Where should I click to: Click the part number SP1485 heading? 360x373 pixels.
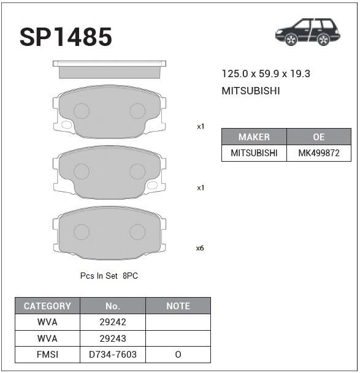[66, 37]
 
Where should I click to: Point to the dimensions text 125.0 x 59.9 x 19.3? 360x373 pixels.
[266, 74]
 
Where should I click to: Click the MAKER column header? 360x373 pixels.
[254, 137]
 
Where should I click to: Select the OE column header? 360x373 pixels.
[318, 137]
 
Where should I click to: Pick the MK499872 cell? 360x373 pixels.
[318, 153]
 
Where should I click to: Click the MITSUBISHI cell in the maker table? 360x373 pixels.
[254, 153]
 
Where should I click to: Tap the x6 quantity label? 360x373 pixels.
[200, 248]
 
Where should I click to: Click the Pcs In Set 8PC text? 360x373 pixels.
[109, 276]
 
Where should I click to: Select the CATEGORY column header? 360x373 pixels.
[47, 306]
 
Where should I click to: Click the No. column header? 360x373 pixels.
[112, 306]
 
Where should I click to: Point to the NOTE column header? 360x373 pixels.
[178, 306]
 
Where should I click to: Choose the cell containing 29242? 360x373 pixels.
[112, 322]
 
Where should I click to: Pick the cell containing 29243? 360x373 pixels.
[112, 338]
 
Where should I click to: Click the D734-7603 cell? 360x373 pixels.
[112, 355]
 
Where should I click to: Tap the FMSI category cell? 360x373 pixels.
[47, 355]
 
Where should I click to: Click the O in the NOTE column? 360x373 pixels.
[178, 355]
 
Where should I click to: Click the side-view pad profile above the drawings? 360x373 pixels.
[109, 70]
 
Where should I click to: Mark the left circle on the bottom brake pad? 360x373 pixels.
[81, 232]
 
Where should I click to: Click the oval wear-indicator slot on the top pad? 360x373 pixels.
[66, 125]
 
